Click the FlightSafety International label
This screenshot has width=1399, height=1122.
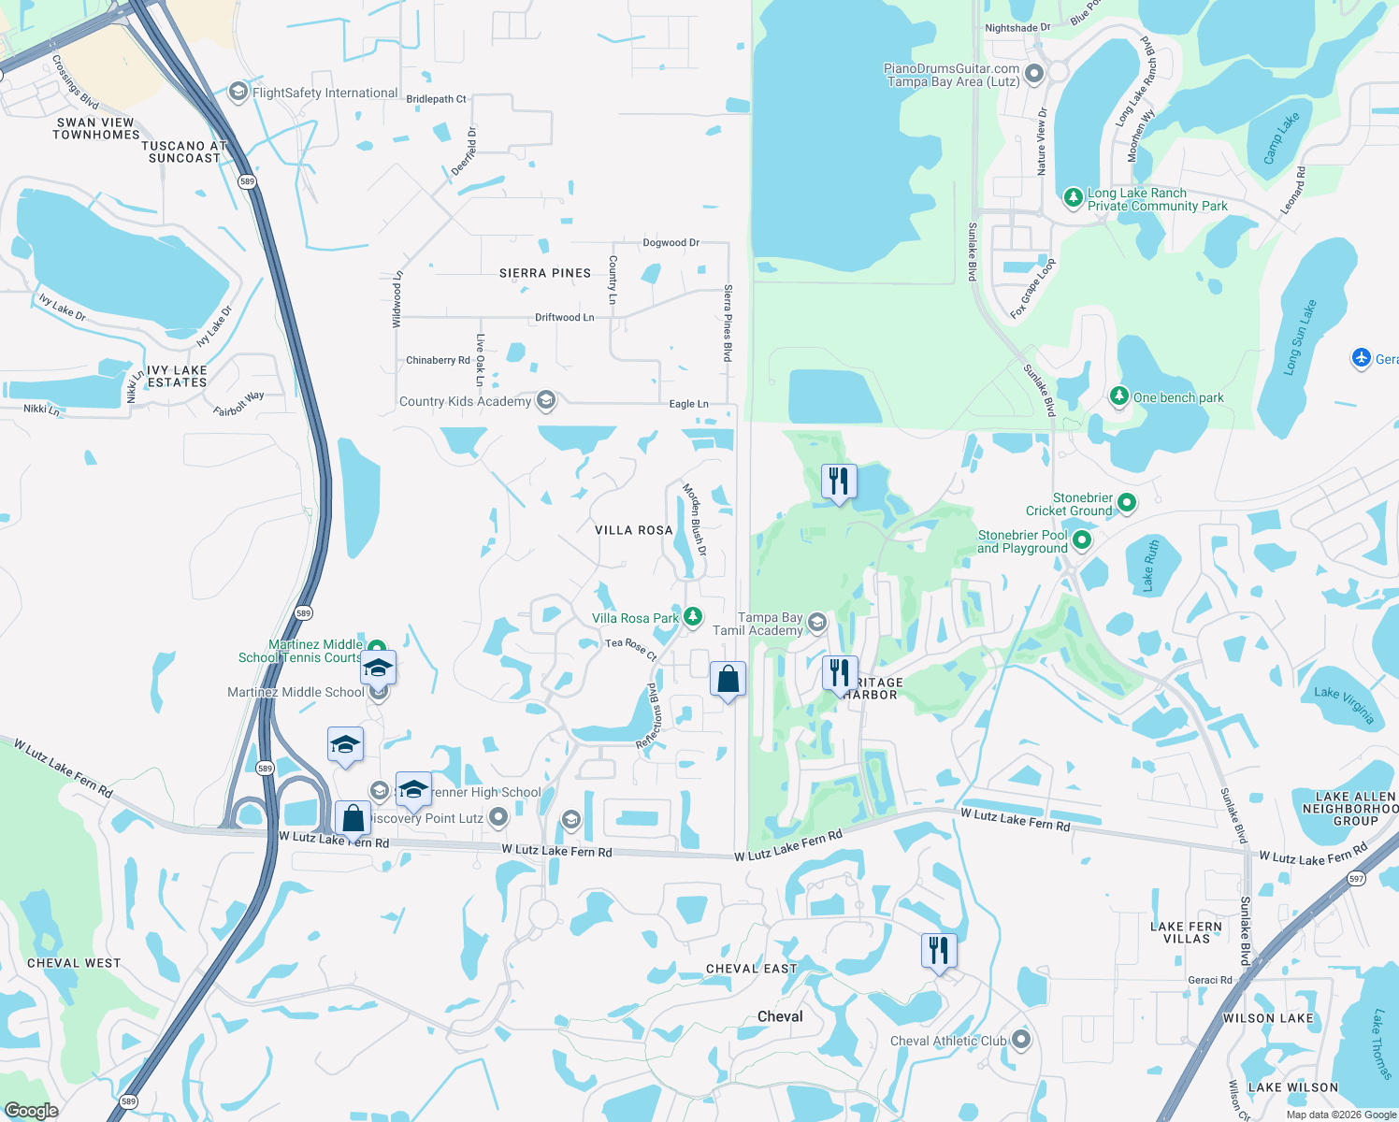pyautogui.click(x=325, y=93)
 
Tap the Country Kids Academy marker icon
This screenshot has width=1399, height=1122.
pyautogui.click(x=546, y=401)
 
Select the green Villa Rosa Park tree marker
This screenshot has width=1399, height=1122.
pyautogui.click(x=693, y=616)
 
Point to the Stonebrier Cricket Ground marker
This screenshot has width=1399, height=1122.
pyautogui.click(x=1127, y=503)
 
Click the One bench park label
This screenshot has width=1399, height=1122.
pyautogui.click(x=1178, y=397)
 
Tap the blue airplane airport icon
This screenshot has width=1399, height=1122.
pyautogui.click(x=1362, y=358)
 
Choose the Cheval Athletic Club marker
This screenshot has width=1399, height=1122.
pyautogui.click(x=1021, y=1040)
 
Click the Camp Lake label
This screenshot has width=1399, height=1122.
pyautogui.click(x=1281, y=138)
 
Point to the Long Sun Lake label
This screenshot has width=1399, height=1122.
pyautogui.click(x=1299, y=338)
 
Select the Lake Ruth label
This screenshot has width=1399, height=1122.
pyautogui.click(x=1151, y=565)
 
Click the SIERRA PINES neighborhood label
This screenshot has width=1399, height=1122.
pyautogui.click(x=545, y=273)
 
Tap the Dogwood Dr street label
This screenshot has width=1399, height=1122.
pyautogui.click(x=671, y=243)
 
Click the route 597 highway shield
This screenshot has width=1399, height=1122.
pyautogui.click(x=1357, y=879)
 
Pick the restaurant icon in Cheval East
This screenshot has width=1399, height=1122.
pyautogui.click(x=939, y=950)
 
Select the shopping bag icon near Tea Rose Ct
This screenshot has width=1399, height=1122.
pyautogui.click(x=728, y=679)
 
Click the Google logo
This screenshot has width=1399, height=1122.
pyautogui.click(x=31, y=1111)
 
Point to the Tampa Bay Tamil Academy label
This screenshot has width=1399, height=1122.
pyautogui.click(x=757, y=624)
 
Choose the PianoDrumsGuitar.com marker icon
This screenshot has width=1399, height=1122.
pyautogui.click(x=1034, y=74)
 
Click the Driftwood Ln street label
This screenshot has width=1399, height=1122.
pyautogui.click(x=564, y=318)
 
